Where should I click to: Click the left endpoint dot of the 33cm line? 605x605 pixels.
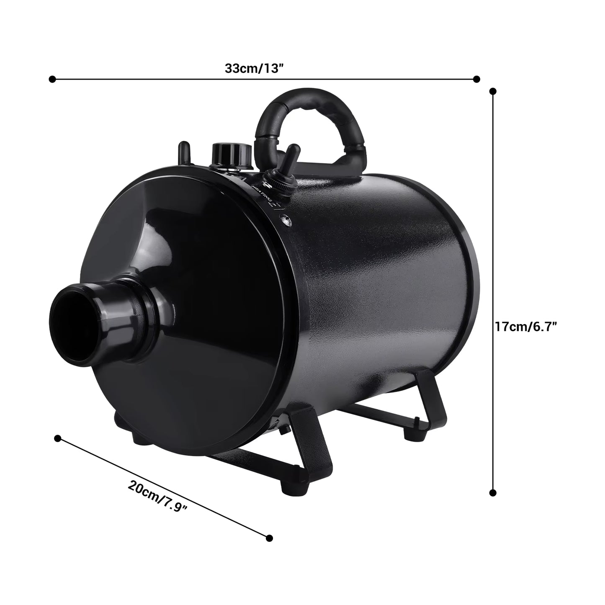(x=52, y=79)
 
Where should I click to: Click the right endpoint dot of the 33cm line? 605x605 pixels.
(x=476, y=79)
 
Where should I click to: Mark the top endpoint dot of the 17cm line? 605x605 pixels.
(x=493, y=91)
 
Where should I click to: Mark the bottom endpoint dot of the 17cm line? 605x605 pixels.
(x=493, y=492)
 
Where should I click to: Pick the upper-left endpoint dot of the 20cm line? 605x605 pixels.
(x=58, y=438)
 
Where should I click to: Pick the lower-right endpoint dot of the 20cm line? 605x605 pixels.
(x=269, y=538)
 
